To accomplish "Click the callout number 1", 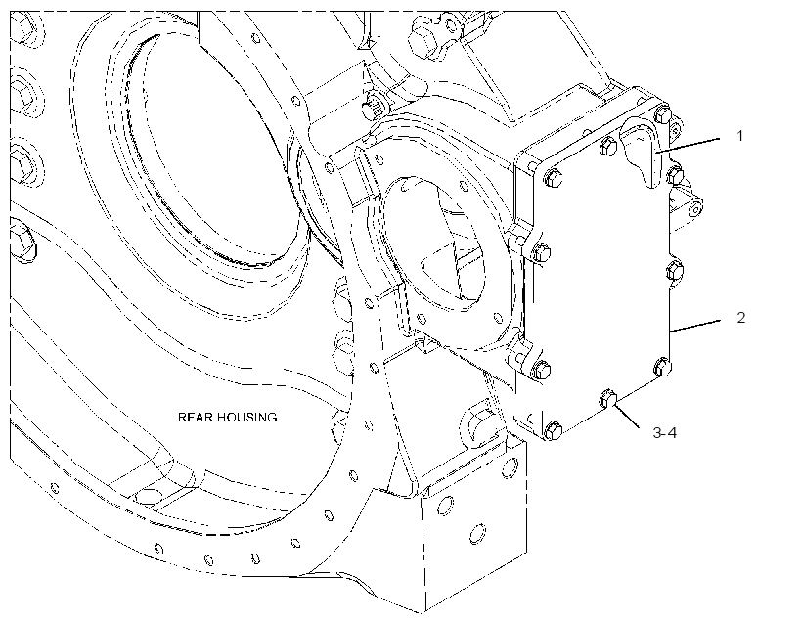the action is [x=739, y=136].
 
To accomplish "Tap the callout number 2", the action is [x=741, y=317].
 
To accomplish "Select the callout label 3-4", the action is [x=664, y=433].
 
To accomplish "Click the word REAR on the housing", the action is [x=195, y=418].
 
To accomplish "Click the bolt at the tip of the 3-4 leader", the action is [x=607, y=398].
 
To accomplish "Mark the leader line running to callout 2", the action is [x=695, y=326].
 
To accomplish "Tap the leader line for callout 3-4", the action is [x=627, y=416].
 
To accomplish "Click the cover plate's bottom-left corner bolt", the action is [x=554, y=430].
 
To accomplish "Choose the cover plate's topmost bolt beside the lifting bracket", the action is [x=662, y=114].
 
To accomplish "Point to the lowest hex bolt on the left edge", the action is [x=23, y=243].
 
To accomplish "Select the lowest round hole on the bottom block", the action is [x=477, y=534].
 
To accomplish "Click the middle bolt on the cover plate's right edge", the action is [x=675, y=270].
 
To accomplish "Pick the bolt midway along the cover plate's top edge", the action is [x=608, y=146].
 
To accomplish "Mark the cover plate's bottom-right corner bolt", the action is [x=662, y=367].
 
